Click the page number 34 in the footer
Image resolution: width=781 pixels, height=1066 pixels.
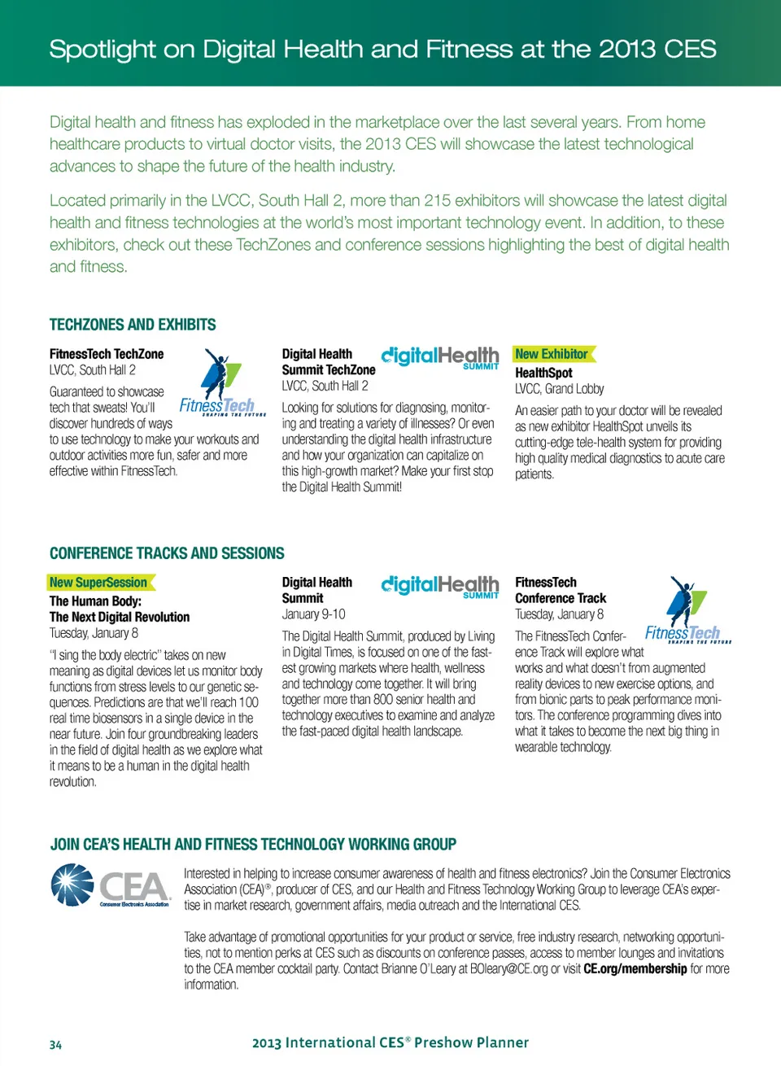pos(55,1045)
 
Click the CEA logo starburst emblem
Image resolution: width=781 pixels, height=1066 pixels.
pos(73,885)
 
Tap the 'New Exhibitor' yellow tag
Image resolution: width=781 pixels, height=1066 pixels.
pos(553,354)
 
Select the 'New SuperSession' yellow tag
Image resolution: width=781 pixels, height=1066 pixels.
pos(99,583)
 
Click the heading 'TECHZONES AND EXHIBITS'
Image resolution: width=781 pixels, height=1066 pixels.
pos(133,325)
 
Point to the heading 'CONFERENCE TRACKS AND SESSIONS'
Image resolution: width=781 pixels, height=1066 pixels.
pos(167,553)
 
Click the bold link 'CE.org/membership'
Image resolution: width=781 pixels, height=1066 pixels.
pos(635,968)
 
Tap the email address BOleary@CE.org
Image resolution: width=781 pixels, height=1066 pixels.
pos(508,968)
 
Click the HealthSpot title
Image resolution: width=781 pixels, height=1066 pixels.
pos(543,373)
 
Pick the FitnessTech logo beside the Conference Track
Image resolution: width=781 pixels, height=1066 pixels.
pos(686,611)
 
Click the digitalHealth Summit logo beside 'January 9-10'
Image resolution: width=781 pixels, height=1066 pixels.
pos(440,586)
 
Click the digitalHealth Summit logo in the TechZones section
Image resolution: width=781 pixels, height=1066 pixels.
pos(440,357)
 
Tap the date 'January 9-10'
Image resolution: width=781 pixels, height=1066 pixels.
pos(313,614)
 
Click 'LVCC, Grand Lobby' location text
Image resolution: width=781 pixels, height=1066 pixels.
pos(560,389)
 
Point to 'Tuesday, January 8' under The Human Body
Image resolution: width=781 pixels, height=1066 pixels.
pos(94,633)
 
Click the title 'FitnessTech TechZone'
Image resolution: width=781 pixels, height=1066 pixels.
pos(107,354)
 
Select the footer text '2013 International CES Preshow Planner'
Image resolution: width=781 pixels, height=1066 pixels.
pos(390,1042)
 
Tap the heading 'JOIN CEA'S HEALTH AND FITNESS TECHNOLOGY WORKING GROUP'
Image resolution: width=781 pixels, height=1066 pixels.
pos(253,845)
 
